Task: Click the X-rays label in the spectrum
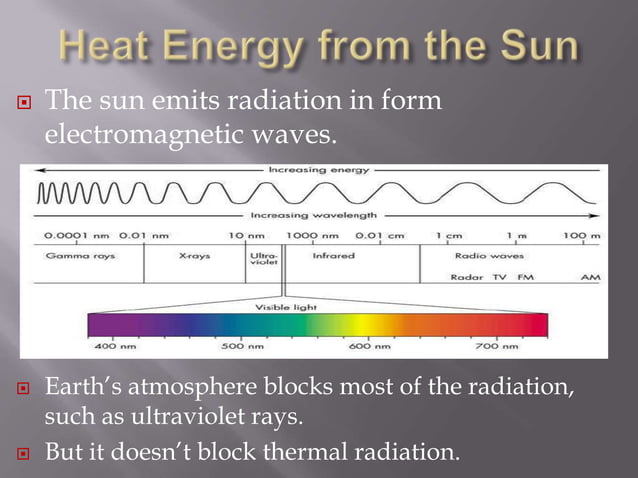194,255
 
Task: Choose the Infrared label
333,255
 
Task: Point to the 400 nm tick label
109,346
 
